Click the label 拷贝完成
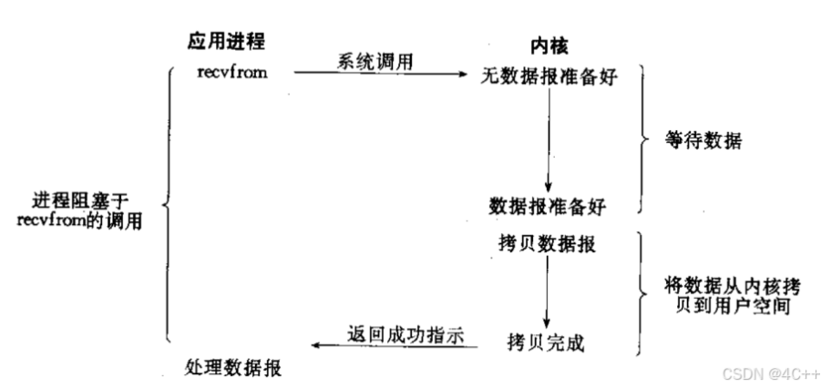tap(545, 343)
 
